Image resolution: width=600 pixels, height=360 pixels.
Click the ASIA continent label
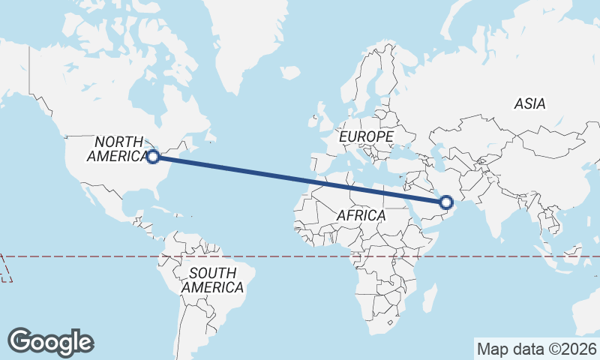[530, 104]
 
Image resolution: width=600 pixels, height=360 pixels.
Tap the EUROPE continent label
[366, 137]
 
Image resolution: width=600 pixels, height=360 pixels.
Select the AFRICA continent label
[361, 215]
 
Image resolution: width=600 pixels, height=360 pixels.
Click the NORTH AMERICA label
[118, 149]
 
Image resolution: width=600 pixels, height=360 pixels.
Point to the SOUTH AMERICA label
[212, 280]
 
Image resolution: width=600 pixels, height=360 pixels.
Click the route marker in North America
[153, 157]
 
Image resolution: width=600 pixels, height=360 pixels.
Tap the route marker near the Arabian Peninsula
[446, 202]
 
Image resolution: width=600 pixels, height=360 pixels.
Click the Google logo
[50, 342]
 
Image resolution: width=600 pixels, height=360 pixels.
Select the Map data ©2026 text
[536, 349]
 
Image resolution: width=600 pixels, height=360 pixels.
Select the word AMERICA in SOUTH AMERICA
[212, 287]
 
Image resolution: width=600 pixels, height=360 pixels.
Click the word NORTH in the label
[118, 142]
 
